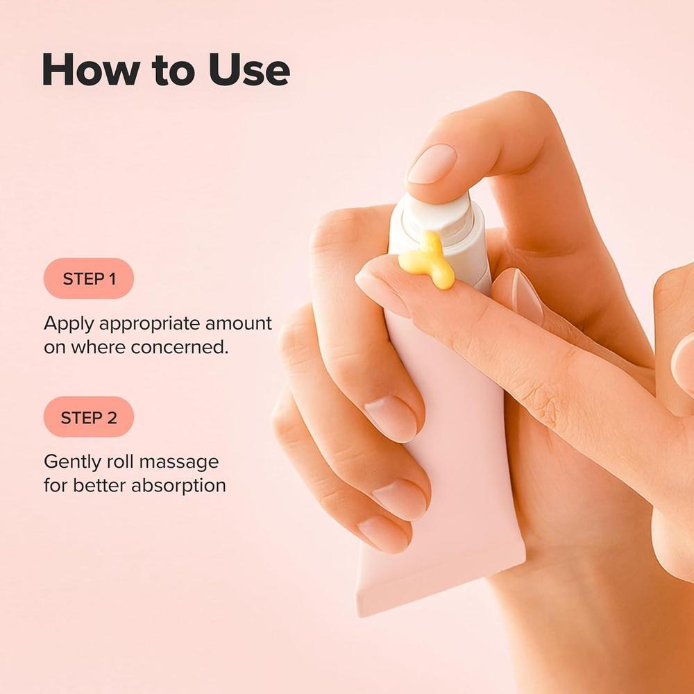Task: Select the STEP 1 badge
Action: (89, 279)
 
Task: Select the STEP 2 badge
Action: (88, 418)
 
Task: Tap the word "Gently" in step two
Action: (73, 462)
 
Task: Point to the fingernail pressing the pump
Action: (431, 165)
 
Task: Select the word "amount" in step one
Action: (237, 324)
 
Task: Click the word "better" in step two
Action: (99, 486)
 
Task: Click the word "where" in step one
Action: (94, 348)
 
